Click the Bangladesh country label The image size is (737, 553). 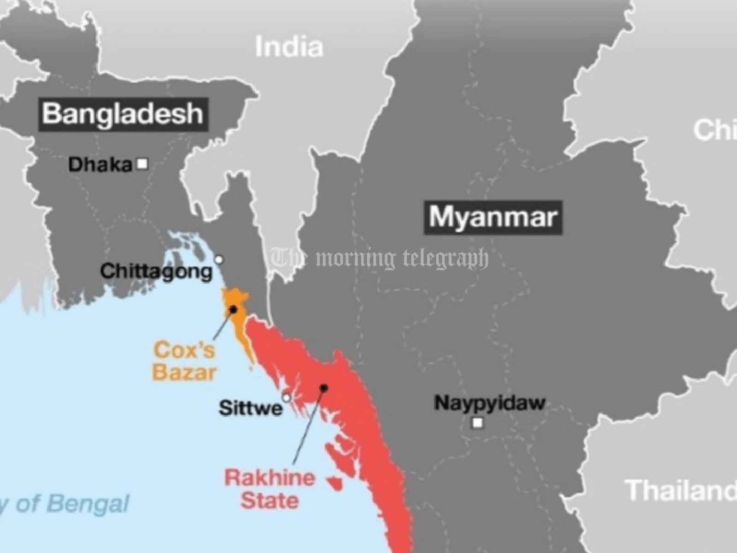[x=123, y=113]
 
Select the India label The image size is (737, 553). [x=289, y=47]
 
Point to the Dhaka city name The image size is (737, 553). [x=100, y=165]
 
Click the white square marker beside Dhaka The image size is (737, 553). [x=143, y=164]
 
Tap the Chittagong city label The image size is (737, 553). [x=157, y=271]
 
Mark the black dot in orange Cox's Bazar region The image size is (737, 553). [x=234, y=309]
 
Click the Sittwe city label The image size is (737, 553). [x=251, y=408]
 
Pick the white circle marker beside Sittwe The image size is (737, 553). [x=287, y=397]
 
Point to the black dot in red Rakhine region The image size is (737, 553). [x=324, y=388]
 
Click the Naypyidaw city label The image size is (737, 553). [x=490, y=403]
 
